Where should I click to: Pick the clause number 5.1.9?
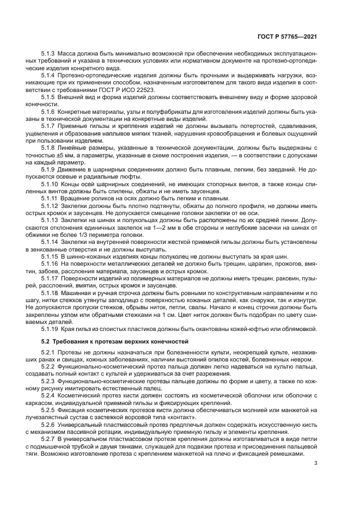click(48, 169)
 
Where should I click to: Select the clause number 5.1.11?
click(50, 199)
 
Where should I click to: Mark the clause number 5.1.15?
click(50, 256)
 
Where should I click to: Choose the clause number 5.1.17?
click(50, 278)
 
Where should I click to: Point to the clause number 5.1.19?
click(50, 329)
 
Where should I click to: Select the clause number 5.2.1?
click(48, 352)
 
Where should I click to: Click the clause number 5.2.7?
click(48, 439)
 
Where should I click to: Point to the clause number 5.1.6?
click(48, 111)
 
